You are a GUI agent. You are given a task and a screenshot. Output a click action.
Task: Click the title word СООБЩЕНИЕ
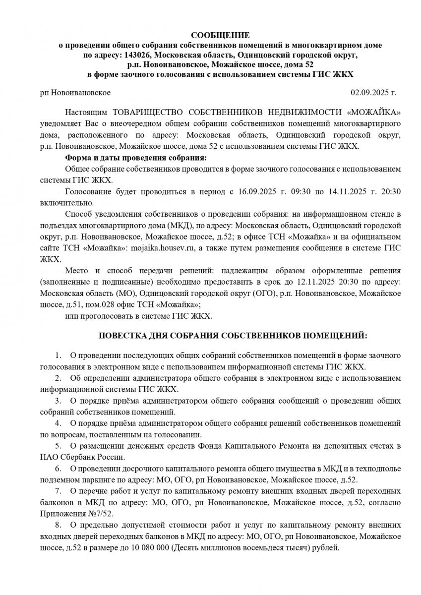click(x=220, y=35)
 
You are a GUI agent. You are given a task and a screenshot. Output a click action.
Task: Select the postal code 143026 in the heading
click(x=140, y=55)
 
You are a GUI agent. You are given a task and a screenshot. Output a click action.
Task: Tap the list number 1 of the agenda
click(x=58, y=356)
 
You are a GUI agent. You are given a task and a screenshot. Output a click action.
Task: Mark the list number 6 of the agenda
click(x=58, y=468)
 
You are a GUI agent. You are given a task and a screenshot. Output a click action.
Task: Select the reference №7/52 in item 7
click(x=102, y=513)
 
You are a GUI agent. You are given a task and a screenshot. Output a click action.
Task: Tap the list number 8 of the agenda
click(x=58, y=524)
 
